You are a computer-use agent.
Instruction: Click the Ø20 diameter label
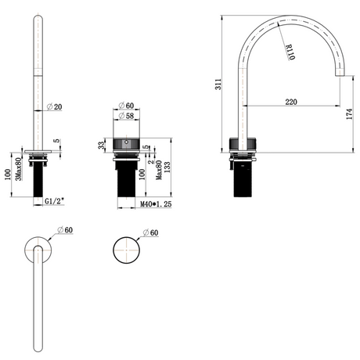tap(54, 106)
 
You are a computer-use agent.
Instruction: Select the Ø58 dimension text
tap(126, 116)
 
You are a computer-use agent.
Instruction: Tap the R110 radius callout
tap(290, 52)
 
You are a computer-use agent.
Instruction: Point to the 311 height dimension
tap(218, 84)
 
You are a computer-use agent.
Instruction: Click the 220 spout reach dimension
tap(291, 102)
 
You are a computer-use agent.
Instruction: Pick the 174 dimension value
tap(349, 114)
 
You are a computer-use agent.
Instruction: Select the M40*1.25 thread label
tap(156, 204)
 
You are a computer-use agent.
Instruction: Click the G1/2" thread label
tap(55, 201)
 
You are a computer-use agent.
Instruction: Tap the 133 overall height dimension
tap(167, 167)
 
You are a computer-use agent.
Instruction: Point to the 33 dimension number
tap(102, 146)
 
